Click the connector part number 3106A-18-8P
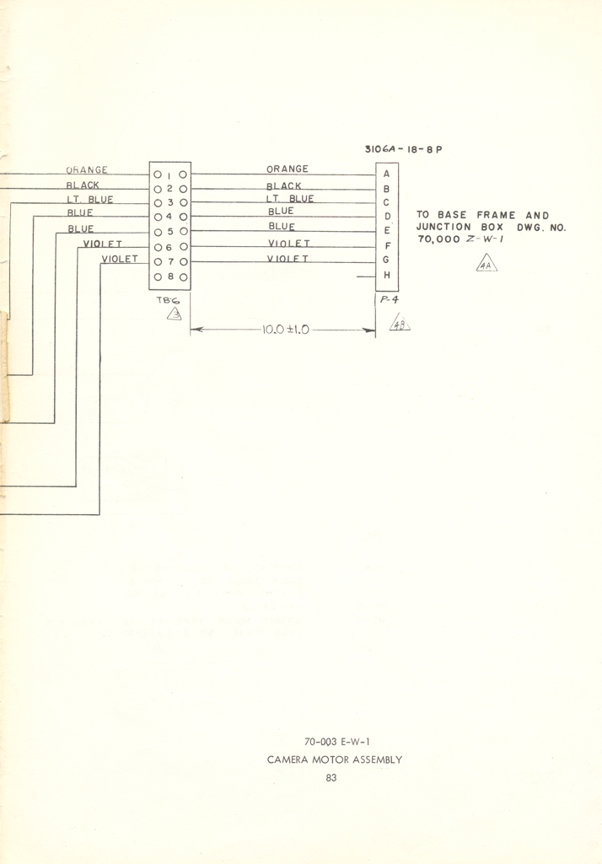point(403,150)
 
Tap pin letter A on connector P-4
point(386,174)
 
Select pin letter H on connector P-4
point(386,276)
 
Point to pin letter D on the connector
point(386,217)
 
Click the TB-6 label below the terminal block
point(169,299)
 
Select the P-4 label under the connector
point(389,300)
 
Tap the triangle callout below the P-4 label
point(399,323)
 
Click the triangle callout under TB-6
point(175,315)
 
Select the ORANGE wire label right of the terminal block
point(288,169)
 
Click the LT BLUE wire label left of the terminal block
point(90,200)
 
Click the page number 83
point(331,778)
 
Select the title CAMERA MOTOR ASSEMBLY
point(335,759)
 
